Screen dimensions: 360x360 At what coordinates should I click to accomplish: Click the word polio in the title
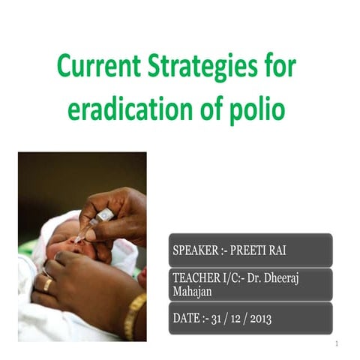tap(257, 110)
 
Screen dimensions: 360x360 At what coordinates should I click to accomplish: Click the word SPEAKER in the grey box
tap(199, 250)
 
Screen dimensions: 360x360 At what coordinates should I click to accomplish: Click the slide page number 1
tap(337, 344)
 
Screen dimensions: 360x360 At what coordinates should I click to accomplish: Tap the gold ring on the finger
tap(46, 284)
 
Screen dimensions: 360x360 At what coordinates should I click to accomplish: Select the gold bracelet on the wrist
tap(136, 315)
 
